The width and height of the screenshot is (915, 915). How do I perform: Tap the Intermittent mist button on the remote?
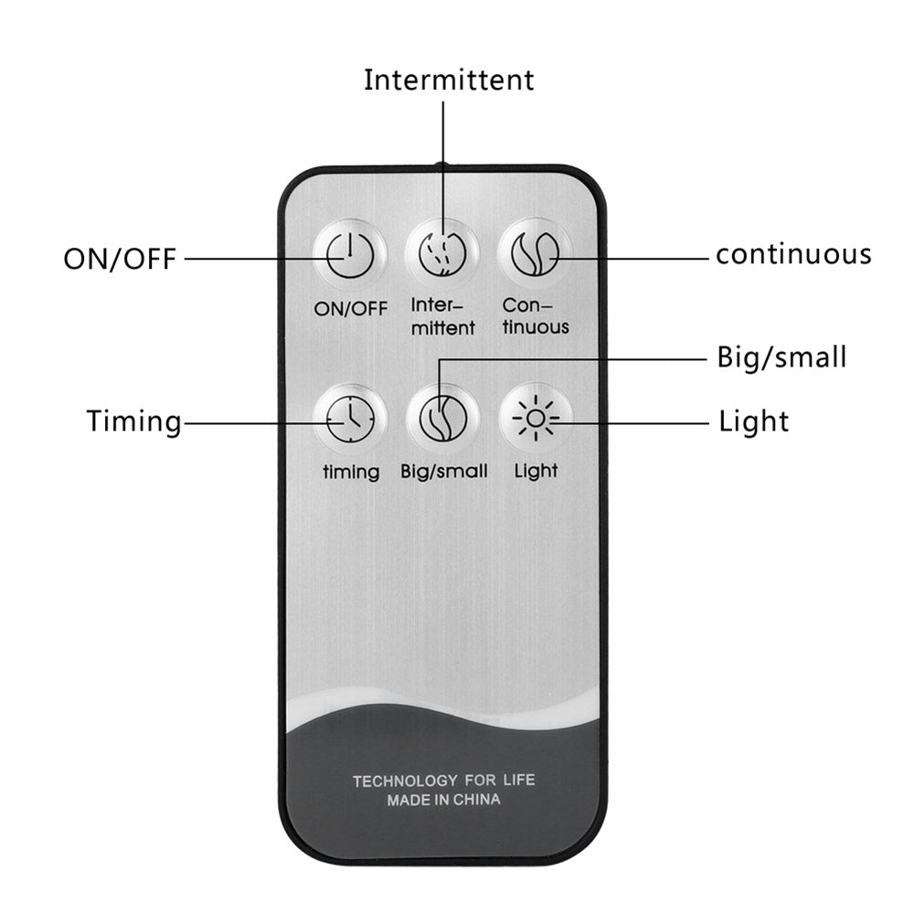pos(442,253)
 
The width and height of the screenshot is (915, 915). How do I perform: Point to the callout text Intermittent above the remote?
pos(449,80)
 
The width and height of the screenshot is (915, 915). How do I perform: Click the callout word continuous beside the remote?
pos(793,253)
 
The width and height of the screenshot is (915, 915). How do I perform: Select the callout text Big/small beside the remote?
pos(782,356)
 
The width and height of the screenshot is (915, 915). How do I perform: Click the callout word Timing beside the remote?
pos(134,421)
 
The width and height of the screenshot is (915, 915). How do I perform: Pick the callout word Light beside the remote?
pos(753,421)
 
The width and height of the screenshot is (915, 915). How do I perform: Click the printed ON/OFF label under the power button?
pos(351,308)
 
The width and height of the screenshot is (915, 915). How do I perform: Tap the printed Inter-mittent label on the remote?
pos(442,316)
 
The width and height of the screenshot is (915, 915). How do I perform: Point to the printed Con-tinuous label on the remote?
pos(536,316)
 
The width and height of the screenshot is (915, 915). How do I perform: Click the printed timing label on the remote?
pos(351,473)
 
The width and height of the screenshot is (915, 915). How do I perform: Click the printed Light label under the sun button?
pos(536,472)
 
